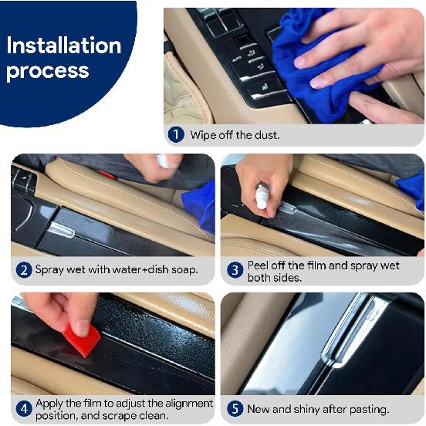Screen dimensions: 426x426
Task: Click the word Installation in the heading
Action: pos(64,46)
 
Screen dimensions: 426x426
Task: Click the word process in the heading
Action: pos(48,71)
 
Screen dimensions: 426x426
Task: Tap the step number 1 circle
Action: pos(176,134)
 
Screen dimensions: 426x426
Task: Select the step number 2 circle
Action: pos(24,270)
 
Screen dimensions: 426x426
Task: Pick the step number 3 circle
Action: pos(235,270)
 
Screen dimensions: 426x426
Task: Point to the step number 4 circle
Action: pos(24,409)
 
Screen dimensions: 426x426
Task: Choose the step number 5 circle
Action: pos(235,409)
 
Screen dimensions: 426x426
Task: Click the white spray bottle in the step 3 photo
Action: pos(262,196)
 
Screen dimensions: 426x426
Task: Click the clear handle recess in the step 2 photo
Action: pos(61,230)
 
